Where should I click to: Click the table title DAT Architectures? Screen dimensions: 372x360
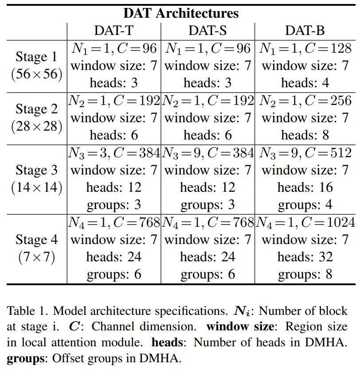coord(180,13)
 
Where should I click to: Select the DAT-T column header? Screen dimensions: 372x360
coord(113,31)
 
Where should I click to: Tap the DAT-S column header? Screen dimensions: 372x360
coord(207,31)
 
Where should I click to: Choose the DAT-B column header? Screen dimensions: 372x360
coord(305,31)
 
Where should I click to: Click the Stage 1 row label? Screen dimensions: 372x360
coord(36,57)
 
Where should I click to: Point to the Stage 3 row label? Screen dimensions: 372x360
coord(36,170)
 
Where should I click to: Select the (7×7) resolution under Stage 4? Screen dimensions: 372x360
coord(36,257)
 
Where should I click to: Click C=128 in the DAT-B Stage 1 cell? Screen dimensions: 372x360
coord(327,48)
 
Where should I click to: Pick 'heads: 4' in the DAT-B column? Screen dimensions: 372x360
coord(305,83)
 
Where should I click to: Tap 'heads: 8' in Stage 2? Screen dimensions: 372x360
coord(305,135)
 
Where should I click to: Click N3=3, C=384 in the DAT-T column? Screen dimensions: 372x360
coord(114,153)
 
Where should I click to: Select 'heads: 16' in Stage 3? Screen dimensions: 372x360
coord(305,187)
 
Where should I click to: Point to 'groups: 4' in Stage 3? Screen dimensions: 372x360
coord(305,205)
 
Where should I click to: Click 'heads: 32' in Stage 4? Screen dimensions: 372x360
coord(305,257)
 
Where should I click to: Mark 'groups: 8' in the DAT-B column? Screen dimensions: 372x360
coord(305,275)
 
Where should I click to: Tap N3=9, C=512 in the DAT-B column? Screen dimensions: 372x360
coord(305,153)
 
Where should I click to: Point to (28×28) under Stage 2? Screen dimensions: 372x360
coord(36,127)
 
